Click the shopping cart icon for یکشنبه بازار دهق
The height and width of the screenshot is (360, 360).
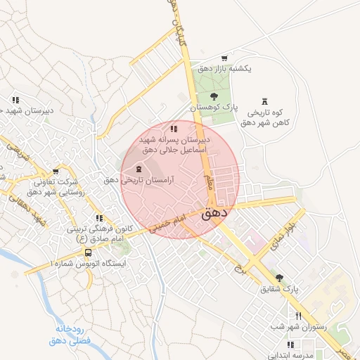click(224, 58)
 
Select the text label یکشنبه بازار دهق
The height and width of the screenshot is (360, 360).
click(224, 70)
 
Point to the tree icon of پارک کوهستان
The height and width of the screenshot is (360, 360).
click(214, 96)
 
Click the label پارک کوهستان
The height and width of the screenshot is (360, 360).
click(215, 107)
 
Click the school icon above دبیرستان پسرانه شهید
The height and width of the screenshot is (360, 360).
click(174, 129)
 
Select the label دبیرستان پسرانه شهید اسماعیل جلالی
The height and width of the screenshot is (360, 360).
click(173, 145)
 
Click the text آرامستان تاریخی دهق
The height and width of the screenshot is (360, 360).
click(139, 180)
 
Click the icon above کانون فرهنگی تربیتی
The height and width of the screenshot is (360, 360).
click(99, 218)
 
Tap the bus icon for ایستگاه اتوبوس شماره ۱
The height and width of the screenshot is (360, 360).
click(88, 252)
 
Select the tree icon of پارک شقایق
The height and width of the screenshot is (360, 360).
click(280, 278)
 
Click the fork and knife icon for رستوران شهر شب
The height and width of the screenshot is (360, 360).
click(299, 316)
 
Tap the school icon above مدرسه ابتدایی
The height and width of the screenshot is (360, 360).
click(290, 344)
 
